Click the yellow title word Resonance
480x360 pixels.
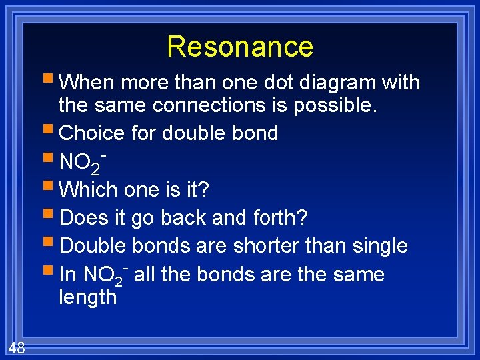pyautogui.click(x=240, y=47)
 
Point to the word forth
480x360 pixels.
pyautogui.click(x=279, y=217)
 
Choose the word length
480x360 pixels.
pyautogui.click(x=87, y=297)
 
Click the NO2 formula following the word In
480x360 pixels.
pyautogui.click(x=105, y=275)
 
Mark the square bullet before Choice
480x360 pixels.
pyautogui.click(x=51, y=133)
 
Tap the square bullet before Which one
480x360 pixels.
pyautogui.click(x=51, y=189)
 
